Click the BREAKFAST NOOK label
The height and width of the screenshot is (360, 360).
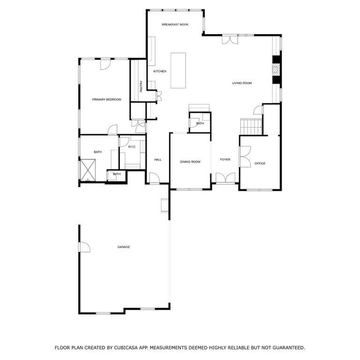tap(175, 24)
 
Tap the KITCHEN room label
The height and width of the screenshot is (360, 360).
tap(160, 71)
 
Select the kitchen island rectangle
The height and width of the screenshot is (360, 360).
tap(178, 70)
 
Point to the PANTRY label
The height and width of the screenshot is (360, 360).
tap(141, 86)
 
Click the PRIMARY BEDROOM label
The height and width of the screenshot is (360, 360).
tap(106, 100)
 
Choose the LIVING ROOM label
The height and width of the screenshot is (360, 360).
tap(242, 83)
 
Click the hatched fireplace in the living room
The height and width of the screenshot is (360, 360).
tap(277, 69)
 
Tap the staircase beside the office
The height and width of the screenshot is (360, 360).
tap(251, 126)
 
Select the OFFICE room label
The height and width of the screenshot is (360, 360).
tap(260, 164)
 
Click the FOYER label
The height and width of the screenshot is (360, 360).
tap(225, 159)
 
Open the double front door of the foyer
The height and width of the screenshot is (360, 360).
tap(225, 179)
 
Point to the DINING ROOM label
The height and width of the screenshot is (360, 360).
tap(190, 162)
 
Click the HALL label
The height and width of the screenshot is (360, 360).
tap(157, 160)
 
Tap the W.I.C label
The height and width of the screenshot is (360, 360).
tap(132, 147)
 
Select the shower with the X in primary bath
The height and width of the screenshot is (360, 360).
tap(88, 170)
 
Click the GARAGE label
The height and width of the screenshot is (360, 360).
tap(124, 247)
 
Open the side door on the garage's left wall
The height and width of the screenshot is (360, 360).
tap(84, 247)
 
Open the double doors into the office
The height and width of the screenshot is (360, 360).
tap(245, 157)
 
